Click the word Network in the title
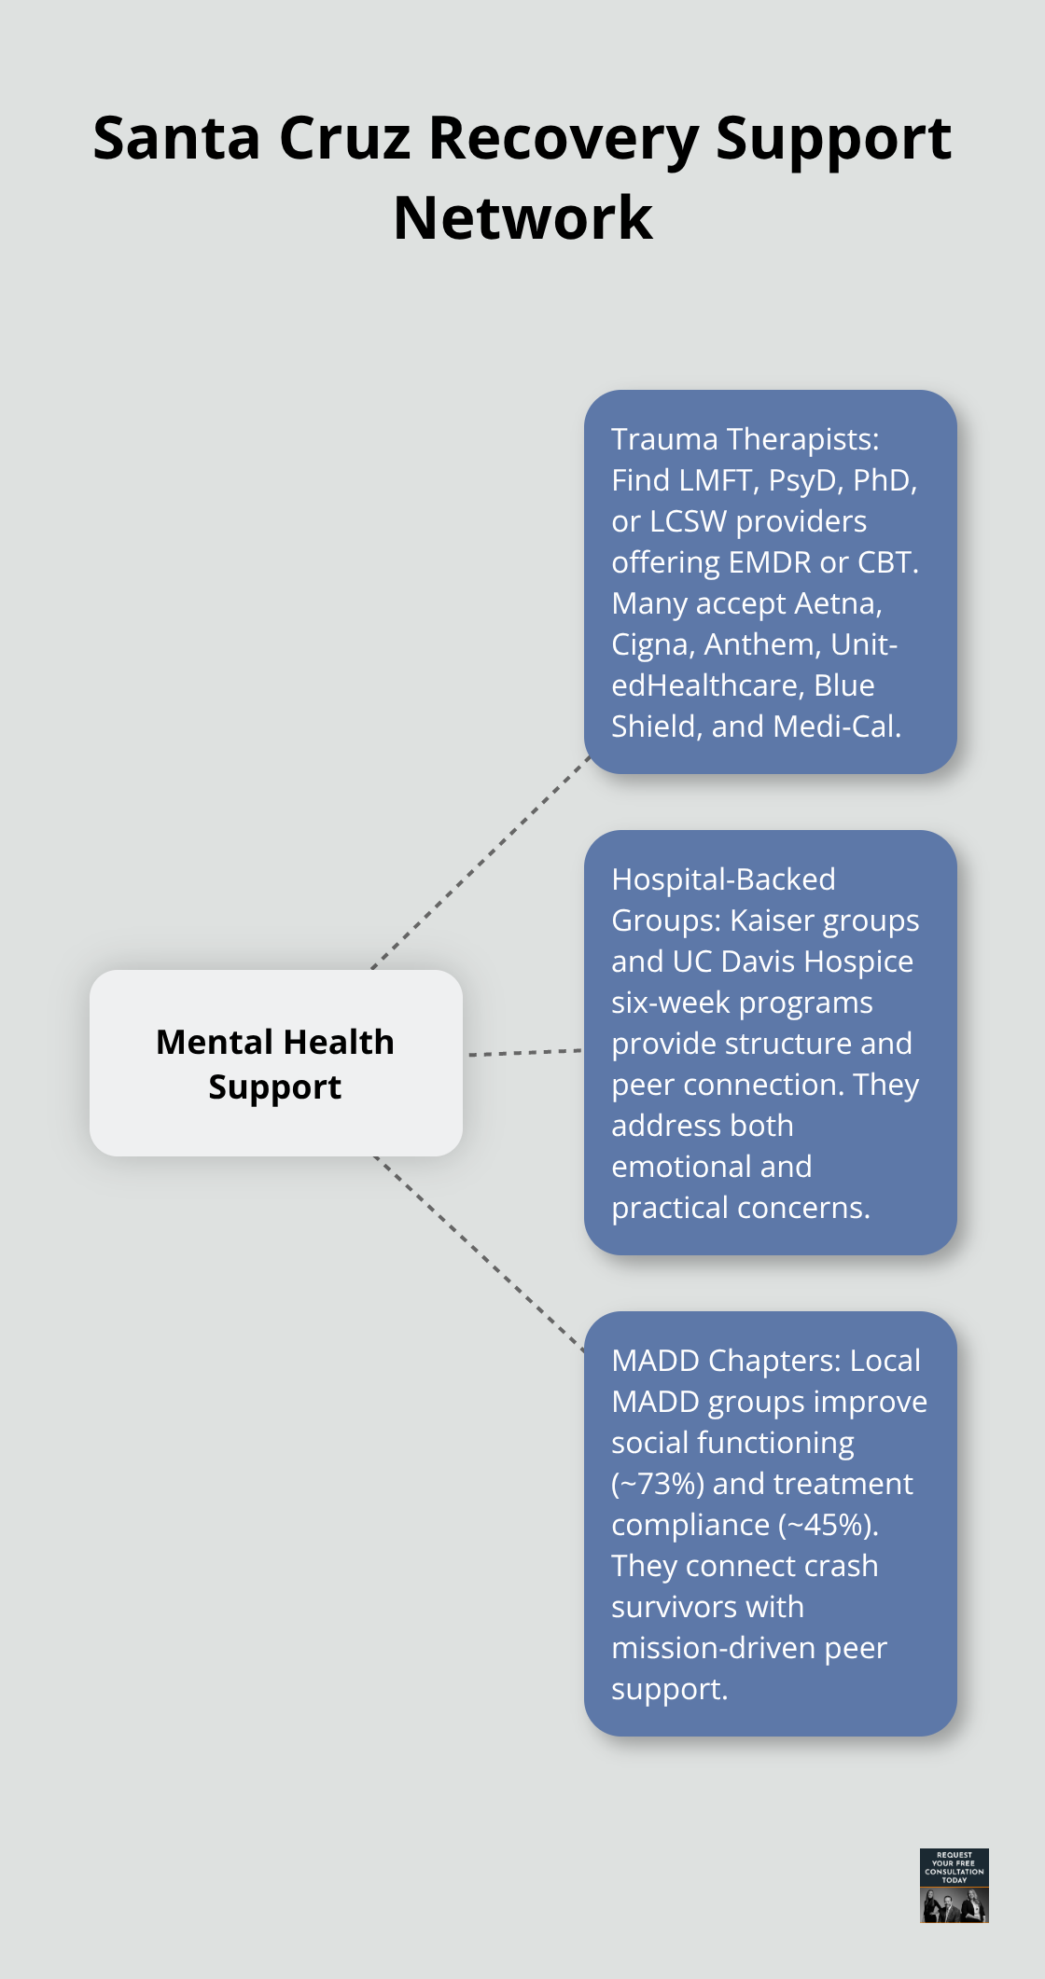[522, 218]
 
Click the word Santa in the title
[176, 138]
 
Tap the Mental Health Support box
[275, 1063]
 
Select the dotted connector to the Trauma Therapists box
[481, 863]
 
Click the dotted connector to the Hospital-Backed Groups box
[524, 1052]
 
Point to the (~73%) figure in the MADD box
[658, 1484]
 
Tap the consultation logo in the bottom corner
[954, 1885]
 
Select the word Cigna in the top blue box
[649, 644]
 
